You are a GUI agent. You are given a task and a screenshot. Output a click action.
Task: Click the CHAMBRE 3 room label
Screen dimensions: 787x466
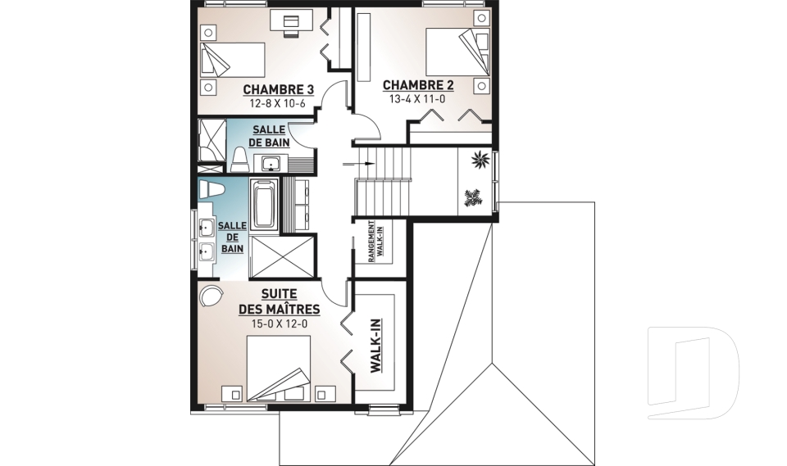[279, 90]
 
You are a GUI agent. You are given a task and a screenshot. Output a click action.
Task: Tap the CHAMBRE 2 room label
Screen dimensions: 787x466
[418, 85]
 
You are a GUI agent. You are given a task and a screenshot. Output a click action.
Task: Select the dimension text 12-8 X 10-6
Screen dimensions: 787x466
[278, 104]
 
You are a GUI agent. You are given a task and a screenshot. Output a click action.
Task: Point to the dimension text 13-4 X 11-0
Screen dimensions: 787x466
[417, 99]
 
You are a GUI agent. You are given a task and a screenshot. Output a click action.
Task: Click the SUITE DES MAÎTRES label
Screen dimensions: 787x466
[279, 301]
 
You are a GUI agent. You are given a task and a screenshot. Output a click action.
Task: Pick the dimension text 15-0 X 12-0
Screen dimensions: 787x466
[279, 324]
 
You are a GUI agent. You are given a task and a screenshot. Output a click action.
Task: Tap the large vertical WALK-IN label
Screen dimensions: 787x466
[376, 346]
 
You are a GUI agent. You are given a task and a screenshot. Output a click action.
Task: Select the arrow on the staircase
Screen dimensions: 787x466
[358, 164]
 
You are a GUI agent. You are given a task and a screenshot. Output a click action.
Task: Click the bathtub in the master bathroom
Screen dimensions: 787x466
[264, 205]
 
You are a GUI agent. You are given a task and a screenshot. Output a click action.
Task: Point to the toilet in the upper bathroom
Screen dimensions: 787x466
[239, 160]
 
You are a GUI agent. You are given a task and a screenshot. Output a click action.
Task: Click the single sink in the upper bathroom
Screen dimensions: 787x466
[272, 164]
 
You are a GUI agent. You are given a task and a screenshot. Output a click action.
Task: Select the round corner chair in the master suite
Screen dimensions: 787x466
[211, 296]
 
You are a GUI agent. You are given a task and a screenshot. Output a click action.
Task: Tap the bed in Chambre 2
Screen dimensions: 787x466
[457, 51]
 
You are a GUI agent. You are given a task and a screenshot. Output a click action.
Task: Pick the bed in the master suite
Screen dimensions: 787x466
[279, 369]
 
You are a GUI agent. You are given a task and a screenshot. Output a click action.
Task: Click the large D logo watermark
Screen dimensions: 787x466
[694, 373]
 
